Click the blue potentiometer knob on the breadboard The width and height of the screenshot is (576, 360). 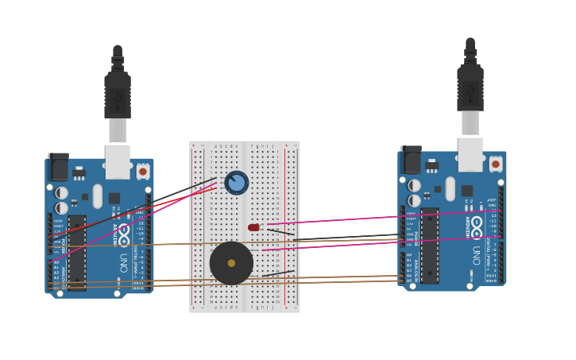(236, 183)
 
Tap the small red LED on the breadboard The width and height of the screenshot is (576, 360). (253, 227)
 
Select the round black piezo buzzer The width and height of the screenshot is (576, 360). (231, 263)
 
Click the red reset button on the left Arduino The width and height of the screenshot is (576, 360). (143, 171)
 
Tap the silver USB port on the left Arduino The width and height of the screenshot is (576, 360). (118, 161)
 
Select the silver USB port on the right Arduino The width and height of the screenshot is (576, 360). (470, 154)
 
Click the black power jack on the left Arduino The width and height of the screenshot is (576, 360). (58, 167)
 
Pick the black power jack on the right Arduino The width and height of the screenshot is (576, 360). (411, 160)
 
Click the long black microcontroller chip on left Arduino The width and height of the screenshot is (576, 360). (77, 252)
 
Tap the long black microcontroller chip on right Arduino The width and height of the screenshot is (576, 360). (430, 245)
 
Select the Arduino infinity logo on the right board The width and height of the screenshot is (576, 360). (477, 226)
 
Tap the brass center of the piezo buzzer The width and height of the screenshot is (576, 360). (231, 263)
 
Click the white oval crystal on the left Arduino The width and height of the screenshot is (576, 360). (98, 195)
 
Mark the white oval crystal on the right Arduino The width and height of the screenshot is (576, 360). (450, 188)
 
